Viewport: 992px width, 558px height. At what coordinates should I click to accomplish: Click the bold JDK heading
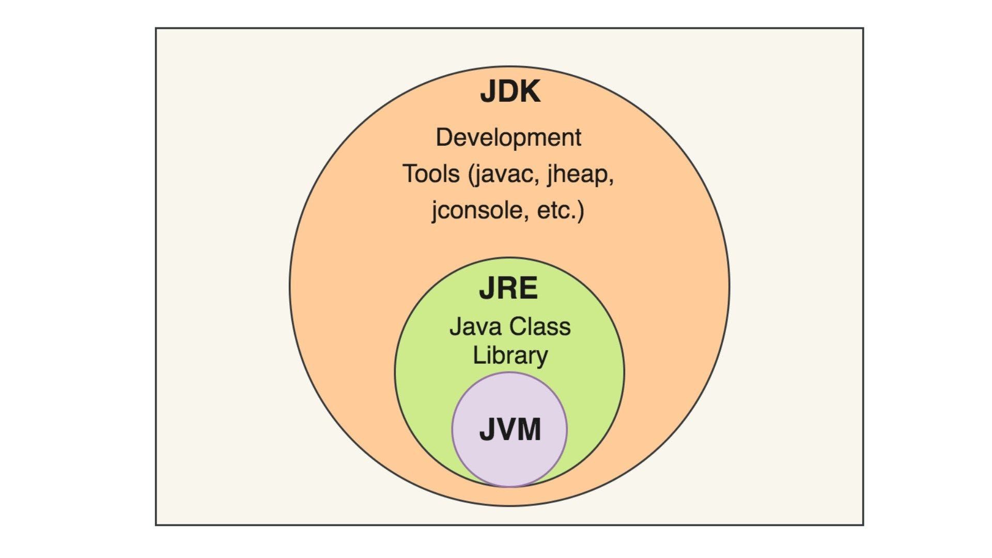(510, 92)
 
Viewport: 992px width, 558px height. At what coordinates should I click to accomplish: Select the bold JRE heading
(508, 288)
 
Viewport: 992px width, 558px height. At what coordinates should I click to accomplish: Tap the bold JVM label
(510, 429)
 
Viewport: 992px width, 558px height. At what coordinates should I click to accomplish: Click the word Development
(508, 137)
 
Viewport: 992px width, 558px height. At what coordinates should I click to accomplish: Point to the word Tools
(431, 174)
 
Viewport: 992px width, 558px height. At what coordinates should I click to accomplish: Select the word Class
(540, 327)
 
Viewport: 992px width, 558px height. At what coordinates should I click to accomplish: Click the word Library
(510, 356)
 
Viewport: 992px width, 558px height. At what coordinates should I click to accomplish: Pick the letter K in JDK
(530, 92)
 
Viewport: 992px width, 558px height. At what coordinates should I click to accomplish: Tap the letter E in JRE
(529, 288)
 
